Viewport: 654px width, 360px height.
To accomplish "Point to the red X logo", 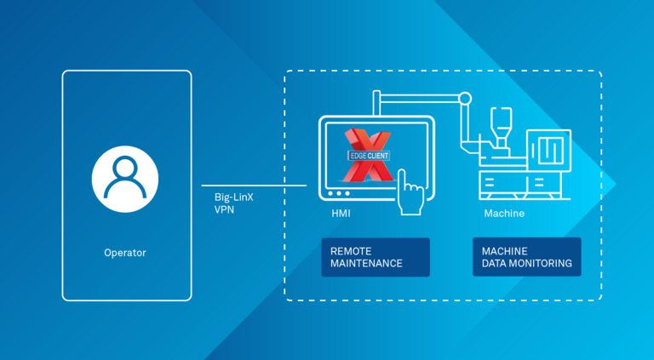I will click(367, 156).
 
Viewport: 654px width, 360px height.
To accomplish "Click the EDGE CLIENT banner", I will click(368, 156).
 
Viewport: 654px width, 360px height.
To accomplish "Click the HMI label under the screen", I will click(341, 214).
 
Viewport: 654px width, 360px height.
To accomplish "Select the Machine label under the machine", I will click(504, 214).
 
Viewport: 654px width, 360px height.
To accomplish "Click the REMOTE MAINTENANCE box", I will click(375, 257).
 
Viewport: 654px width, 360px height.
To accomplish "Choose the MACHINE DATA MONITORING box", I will click(526, 257).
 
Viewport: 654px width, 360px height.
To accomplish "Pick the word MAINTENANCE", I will click(366, 264).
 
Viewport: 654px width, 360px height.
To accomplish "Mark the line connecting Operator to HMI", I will click(253, 185).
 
